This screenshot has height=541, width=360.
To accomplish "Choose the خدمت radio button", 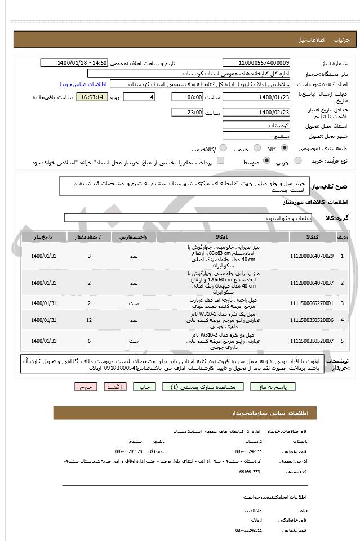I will pos(255,148).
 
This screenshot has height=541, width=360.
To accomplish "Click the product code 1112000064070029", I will pos(312,256).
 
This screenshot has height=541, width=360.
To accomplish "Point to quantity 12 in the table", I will pos(89,320).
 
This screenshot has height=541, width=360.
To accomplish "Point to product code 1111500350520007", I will pos(312,341).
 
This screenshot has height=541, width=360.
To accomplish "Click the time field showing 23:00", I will pos(187,112).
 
